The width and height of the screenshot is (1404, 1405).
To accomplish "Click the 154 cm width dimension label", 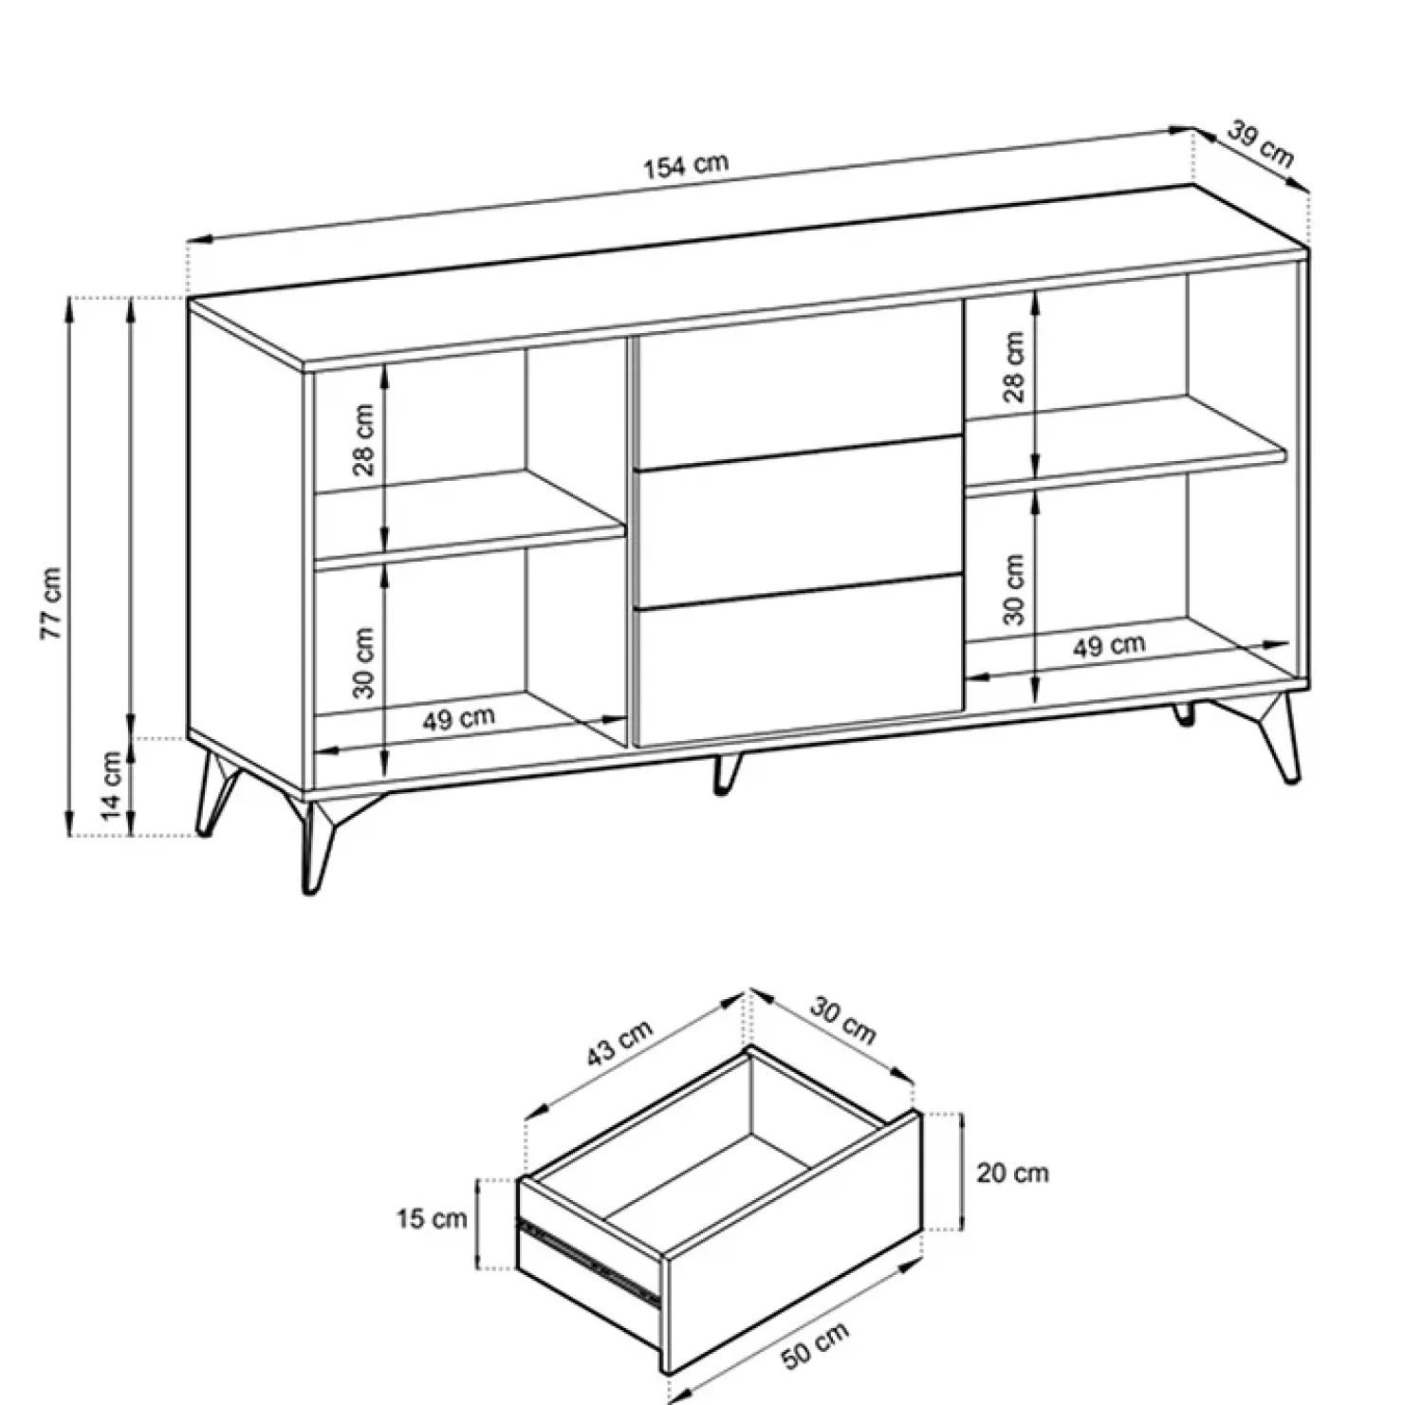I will [686, 165].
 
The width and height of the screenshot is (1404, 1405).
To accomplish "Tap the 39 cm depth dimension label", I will [1260, 144].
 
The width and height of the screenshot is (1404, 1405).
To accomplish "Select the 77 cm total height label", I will [52, 603].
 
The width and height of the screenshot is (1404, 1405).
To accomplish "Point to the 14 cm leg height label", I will [111, 786].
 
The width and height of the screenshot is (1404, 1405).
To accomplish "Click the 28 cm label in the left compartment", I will [363, 439].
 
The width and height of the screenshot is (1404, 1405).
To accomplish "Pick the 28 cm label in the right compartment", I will [1014, 366].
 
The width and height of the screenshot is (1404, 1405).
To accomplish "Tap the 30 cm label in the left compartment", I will [363, 662].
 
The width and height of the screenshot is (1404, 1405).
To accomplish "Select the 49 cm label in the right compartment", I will [1108, 647].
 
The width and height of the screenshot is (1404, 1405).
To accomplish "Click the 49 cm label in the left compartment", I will [458, 719].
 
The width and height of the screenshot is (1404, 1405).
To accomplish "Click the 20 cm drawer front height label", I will [1012, 1174].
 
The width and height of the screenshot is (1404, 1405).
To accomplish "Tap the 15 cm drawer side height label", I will [432, 1219].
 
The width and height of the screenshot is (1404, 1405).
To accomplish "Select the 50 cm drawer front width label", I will [815, 1344].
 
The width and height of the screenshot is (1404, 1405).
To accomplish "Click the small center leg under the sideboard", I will [725, 773].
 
